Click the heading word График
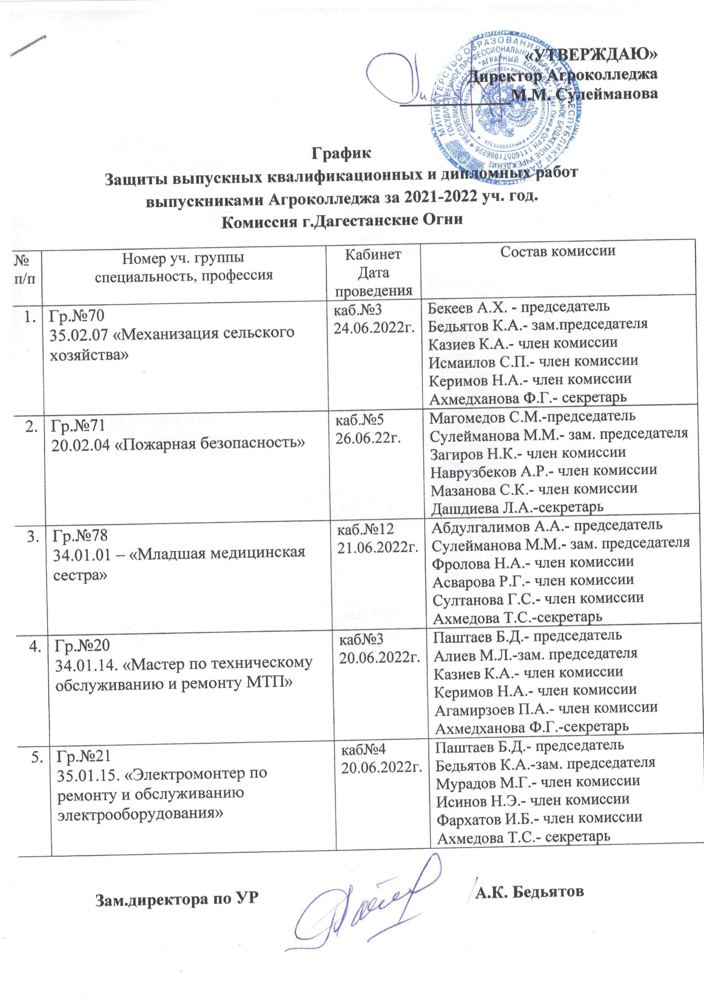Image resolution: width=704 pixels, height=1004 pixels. pos(342,153)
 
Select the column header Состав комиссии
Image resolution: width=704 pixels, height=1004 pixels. pos(558,251)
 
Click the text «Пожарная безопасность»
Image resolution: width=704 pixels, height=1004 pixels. pos(212,443)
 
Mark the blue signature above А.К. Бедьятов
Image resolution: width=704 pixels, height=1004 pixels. pos(367,905)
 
